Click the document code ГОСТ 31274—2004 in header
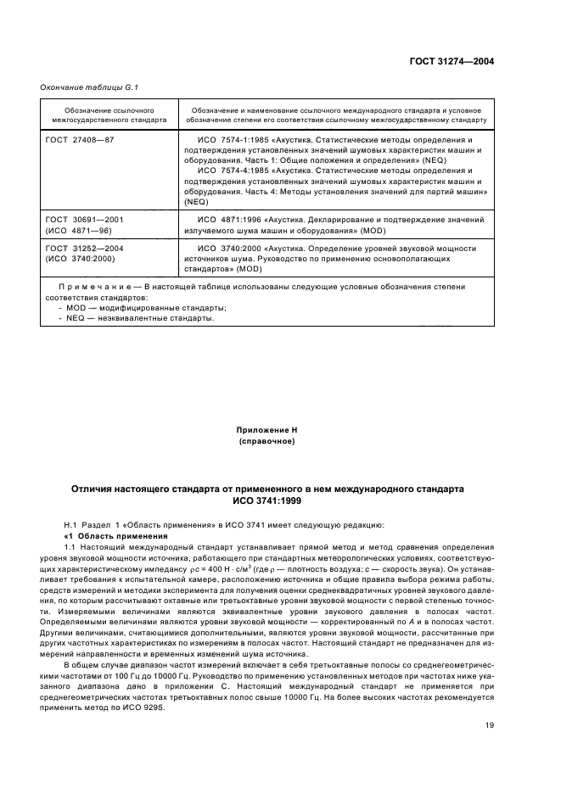[452, 62]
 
